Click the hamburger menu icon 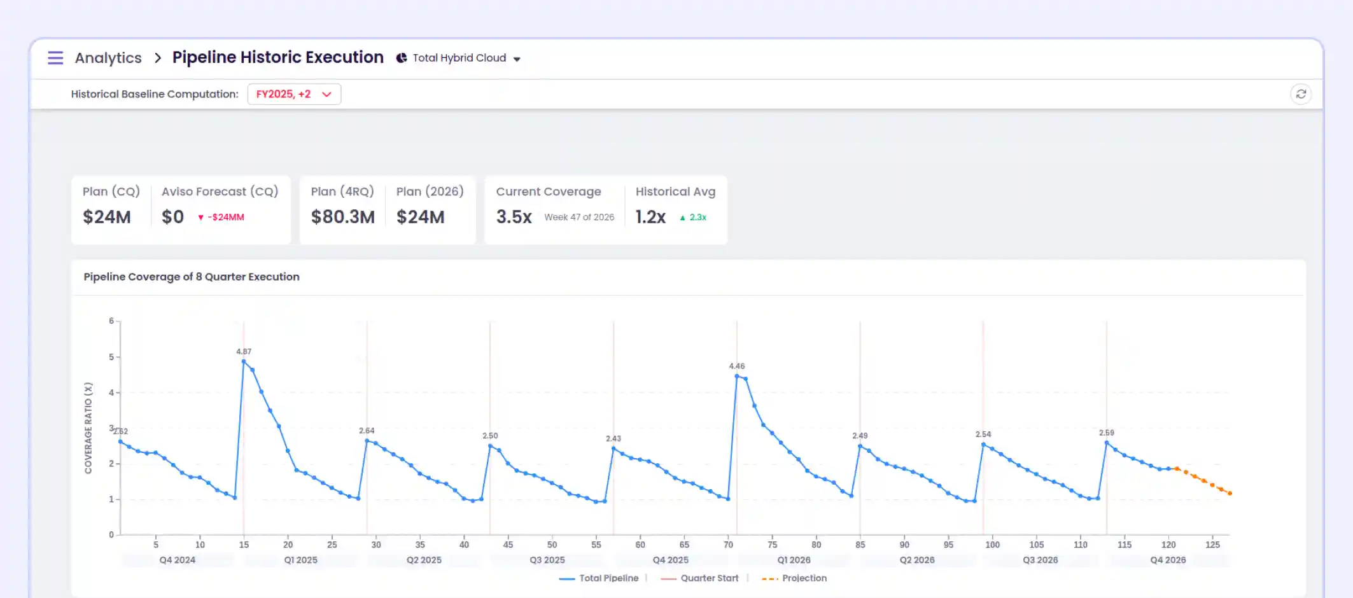click(55, 58)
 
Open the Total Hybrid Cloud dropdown click(459, 58)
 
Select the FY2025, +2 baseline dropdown click(294, 94)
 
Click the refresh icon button click(1301, 94)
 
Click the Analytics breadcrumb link click(108, 58)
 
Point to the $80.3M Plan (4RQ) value click(342, 217)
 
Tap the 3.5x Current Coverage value click(514, 217)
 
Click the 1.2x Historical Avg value click(650, 217)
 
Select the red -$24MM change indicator click(221, 217)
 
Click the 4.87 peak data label click(244, 352)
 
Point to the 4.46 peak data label click(736, 366)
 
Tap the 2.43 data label click(613, 439)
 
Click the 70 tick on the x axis click(728, 545)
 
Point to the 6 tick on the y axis click(111, 321)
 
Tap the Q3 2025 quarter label click(547, 560)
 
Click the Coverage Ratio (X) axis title click(88, 428)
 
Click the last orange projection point click(1230, 493)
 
